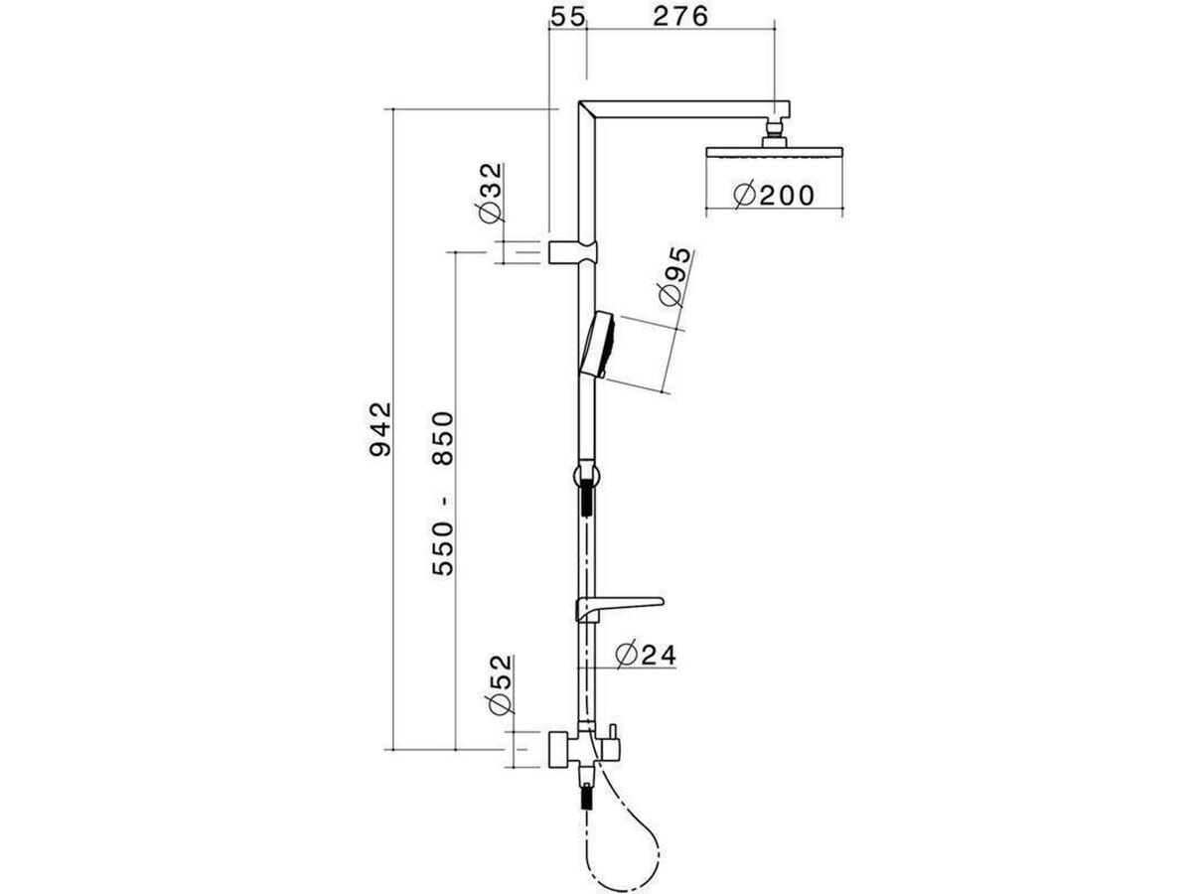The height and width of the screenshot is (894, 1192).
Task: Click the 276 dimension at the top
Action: [x=678, y=18]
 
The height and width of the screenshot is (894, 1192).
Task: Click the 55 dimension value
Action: [x=568, y=18]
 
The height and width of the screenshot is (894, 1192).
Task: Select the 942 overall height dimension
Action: [x=378, y=428]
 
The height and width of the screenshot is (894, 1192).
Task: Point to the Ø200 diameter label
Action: [x=774, y=195]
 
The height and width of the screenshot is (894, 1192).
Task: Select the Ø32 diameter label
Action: [x=490, y=193]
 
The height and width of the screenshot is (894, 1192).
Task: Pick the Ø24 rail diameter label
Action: [x=645, y=654]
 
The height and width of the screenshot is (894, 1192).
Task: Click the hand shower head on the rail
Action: [x=599, y=344]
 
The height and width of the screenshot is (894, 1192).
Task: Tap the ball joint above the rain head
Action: [x=774, y=132]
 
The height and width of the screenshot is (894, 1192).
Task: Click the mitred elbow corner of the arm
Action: [x=587, y=110]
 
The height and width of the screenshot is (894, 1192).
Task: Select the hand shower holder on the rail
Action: [x=586, y=471]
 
